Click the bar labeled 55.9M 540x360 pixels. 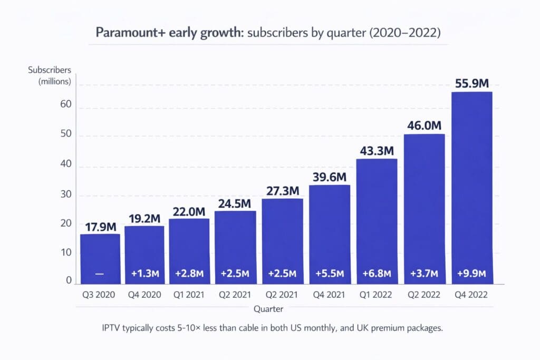tap(471, 188)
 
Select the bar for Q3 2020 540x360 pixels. tap(100, 258)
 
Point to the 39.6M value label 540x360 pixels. tap(330, 176)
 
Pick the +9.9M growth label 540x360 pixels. tap(471, 274)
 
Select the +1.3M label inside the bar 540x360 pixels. tap(145, 274)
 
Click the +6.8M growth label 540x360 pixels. tap(377, 274)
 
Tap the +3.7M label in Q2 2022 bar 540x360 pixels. tap(424, 274)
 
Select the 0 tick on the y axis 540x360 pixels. tap(69, 281)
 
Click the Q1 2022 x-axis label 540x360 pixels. tap(377, 295)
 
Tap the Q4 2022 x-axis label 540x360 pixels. tap(471, 295)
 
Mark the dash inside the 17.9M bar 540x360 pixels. tap(100, 274)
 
